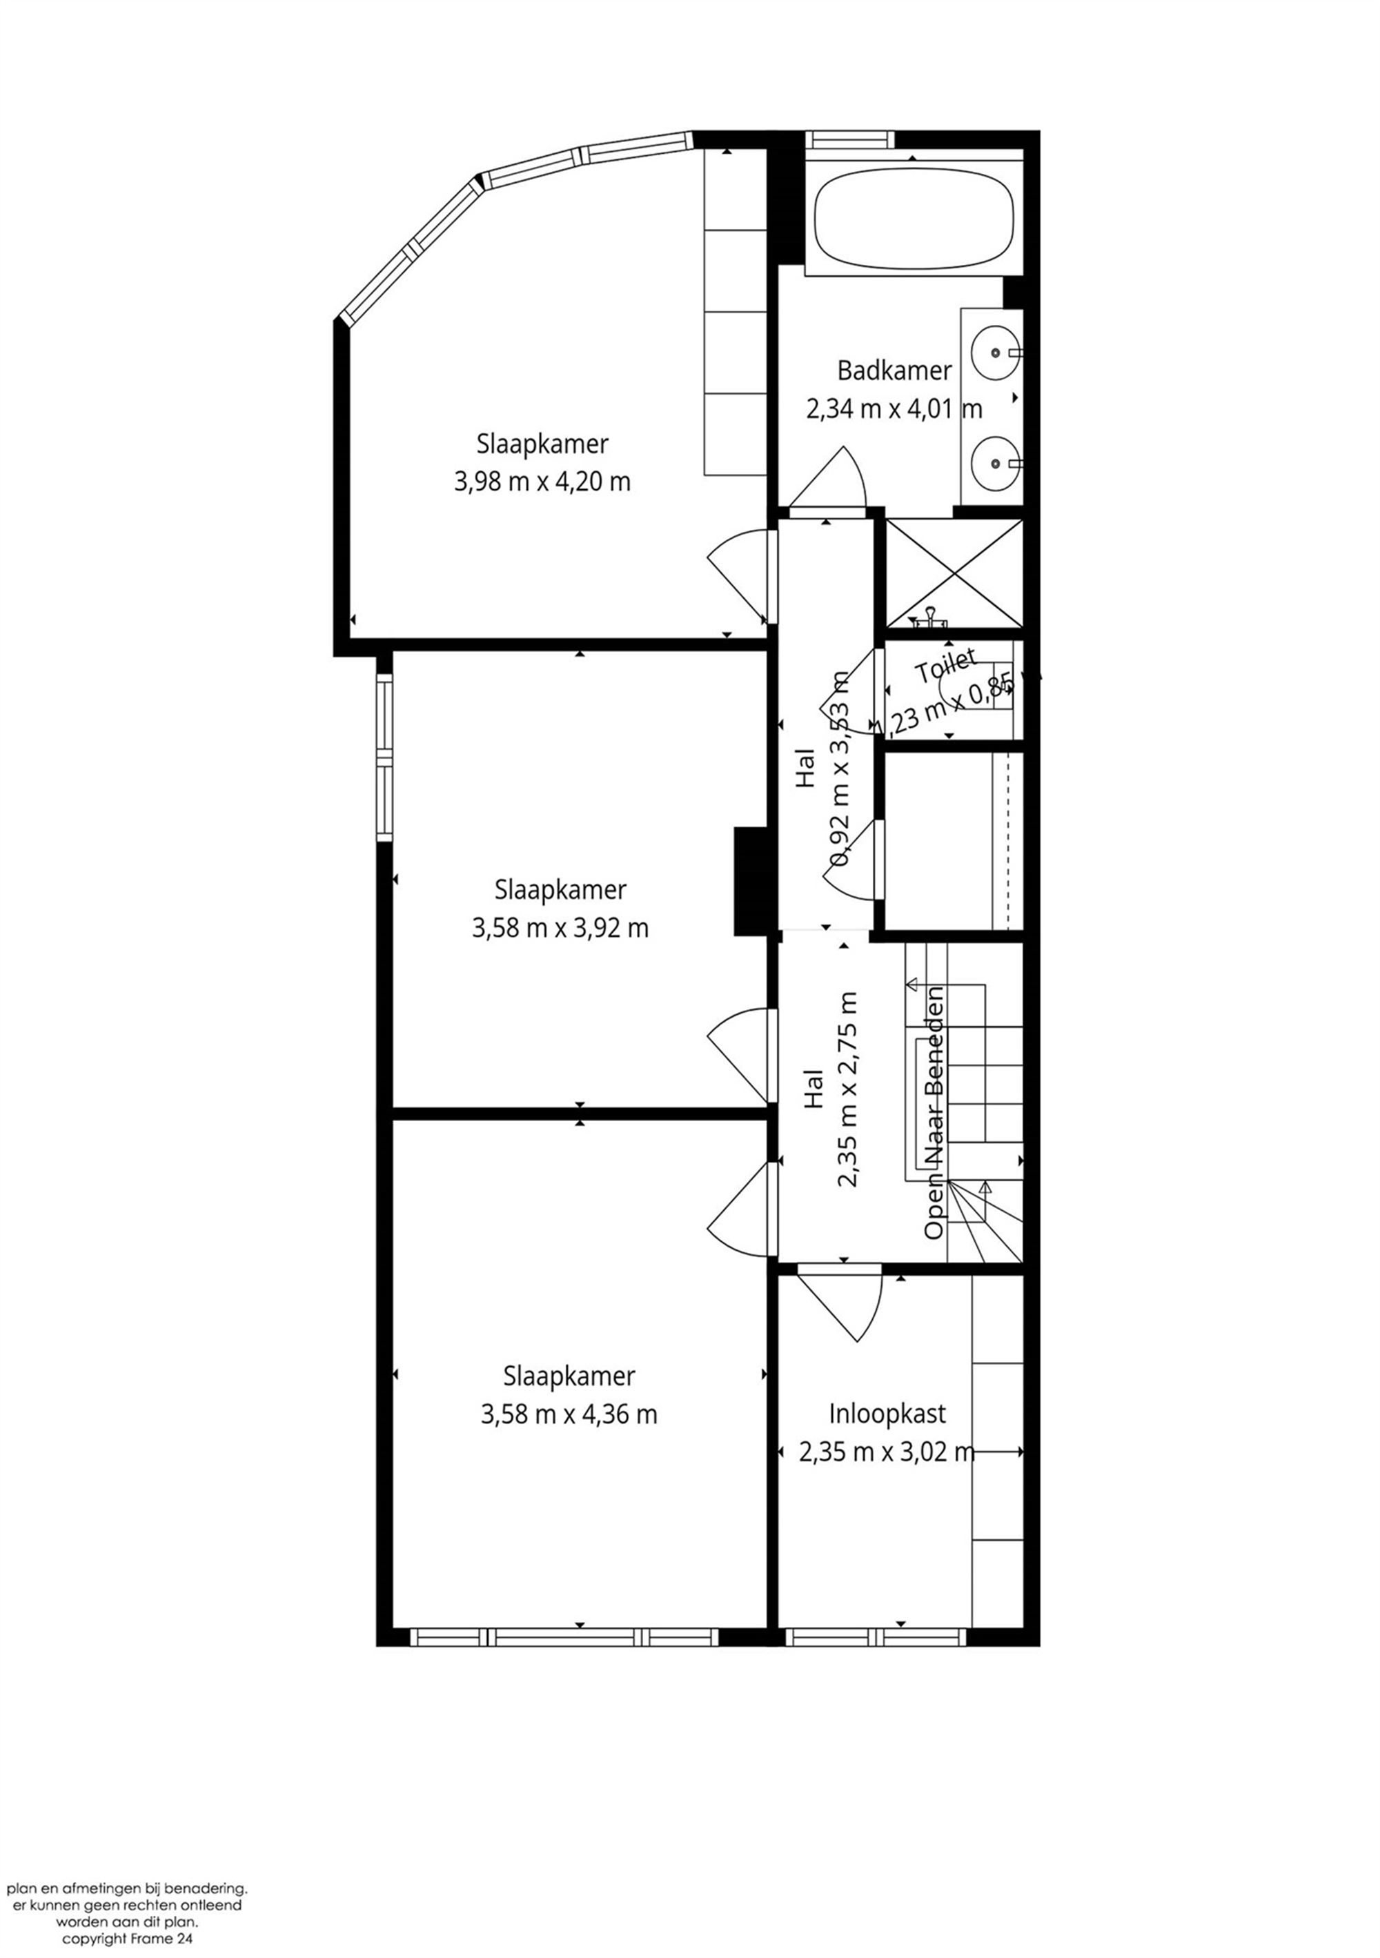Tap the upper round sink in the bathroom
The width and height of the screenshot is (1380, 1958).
pos(994,350)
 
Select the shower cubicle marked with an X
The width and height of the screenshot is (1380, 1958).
pos(954,573)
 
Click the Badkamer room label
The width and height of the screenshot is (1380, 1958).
pos(894,371)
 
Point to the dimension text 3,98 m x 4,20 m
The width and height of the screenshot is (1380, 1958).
pos(542,482)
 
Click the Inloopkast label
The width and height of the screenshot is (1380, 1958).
pos(887,1414)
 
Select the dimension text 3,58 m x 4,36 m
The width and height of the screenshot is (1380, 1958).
pos(568,1415)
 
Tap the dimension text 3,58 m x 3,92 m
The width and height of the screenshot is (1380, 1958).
pos(560,928)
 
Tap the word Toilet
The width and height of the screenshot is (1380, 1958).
pos(945,667)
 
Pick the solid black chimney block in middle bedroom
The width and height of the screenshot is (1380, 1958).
pos(751,882)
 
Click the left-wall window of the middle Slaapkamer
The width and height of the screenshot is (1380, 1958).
pos(384,758)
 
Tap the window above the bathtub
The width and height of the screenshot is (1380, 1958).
pos(850,139)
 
